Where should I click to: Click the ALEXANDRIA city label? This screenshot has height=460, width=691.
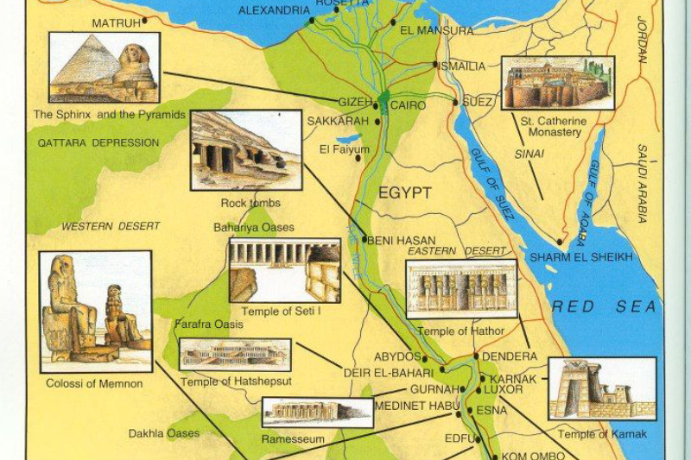click(x=274, y=11)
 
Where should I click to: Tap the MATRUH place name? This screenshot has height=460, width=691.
click(x=116, y=22)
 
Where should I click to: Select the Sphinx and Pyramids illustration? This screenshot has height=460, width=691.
click(x=105, y=67)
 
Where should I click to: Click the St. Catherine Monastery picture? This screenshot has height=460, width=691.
click(x=557, y=83)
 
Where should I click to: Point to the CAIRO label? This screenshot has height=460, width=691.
click(x=409, y=104)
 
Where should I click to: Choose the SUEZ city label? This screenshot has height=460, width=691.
click(x=477, y=102)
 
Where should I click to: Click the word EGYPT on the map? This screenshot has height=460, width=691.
click(x=403, y=193)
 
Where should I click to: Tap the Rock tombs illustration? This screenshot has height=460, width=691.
click(x=245, y=149)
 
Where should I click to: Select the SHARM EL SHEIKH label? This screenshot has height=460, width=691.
click(x=581, y=257)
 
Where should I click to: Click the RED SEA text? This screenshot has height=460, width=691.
click(x=605, y=306)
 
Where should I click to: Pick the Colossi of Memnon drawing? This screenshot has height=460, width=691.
click(x=95, y=311)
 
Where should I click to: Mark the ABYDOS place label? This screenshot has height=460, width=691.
click(x=397, y=356)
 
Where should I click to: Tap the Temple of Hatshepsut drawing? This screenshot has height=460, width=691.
click(x=235, y=355)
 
